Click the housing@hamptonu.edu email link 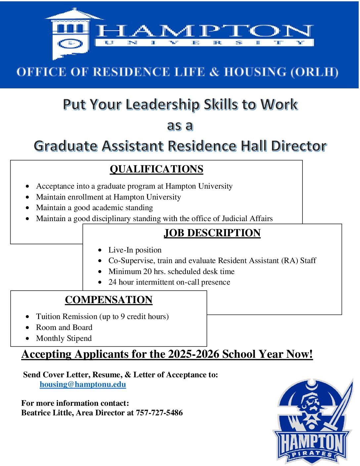(x=83, y=384)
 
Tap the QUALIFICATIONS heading (x=157, y=169)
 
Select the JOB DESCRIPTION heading (x=212, y=233)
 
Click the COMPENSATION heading (x=109, y=300)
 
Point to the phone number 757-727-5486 (x=159, y=413)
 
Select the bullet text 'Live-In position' (x=135, y=250)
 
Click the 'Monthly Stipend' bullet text (x=64, y=338)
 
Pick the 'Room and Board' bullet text (x=64, y=327)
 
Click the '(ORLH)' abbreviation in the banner (x=314, y=72)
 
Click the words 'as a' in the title (x=180, y=126)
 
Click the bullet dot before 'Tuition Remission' (x=27, y=317)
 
